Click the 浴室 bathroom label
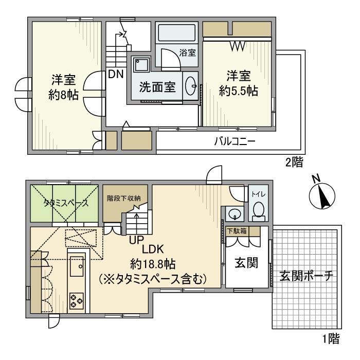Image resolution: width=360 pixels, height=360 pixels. [188, 52]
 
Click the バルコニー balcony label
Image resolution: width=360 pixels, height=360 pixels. [235, 141]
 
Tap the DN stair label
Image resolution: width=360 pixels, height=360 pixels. [116, 74]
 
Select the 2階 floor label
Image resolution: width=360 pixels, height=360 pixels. [294, 163]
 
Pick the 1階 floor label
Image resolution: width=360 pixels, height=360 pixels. [331, 339]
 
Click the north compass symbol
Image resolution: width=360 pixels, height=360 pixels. [322, 195]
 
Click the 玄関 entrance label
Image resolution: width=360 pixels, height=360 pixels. [246, 262]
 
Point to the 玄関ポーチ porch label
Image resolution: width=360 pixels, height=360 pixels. [307, 276]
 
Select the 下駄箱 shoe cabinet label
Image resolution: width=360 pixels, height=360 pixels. [237, 231]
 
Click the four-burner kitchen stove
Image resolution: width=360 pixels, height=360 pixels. [77, 300]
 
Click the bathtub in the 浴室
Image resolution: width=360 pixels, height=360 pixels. [177, 34]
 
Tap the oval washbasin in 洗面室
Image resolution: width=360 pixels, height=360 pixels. [191, 85]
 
